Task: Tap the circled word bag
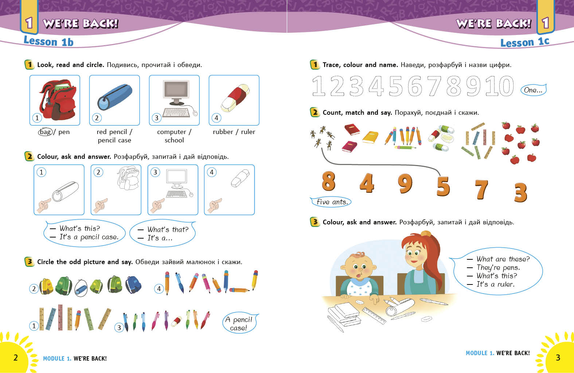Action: [45, 132]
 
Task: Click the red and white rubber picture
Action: [235, 98]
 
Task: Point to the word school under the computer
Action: [174, 140]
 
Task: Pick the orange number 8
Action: [328, 181]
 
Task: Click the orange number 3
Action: [521, 192]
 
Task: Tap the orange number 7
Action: [481, 189]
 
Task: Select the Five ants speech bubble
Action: [331, 202]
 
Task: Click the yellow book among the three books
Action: [371, 137]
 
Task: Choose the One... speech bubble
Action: [534, 90]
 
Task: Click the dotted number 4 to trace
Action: [376, 86]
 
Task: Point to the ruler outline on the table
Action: [374, 315]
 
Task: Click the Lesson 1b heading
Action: [49, 42]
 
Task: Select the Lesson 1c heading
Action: [525, 42]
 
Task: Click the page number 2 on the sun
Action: [16, 358]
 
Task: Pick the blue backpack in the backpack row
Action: [133, 284]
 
